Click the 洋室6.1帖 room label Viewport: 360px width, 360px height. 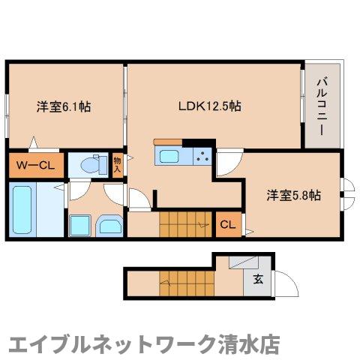point(64,107)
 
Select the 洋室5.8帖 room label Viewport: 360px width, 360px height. point(294,196)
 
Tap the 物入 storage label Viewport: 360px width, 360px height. point(117,165)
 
